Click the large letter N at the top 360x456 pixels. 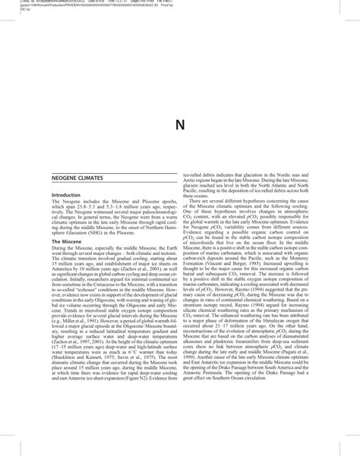coord(180,124)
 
